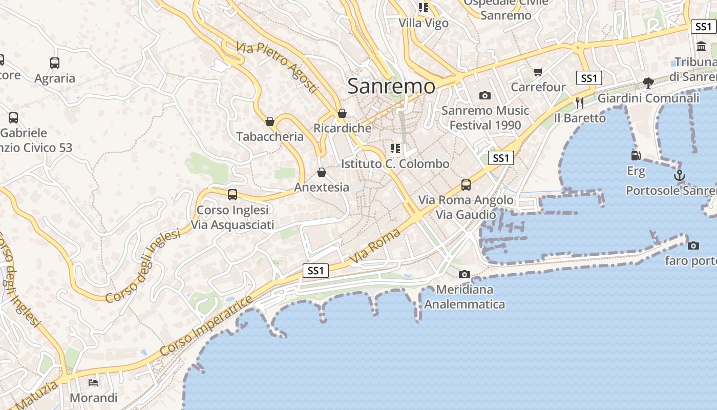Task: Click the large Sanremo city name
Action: pos(391,86)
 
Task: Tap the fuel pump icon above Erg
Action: pos(636,155)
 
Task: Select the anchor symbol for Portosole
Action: pos(679,175)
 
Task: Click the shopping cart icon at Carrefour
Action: pos(538,72)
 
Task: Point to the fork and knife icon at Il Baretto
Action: pos(579,102)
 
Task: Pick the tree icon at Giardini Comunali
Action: pos(648,83)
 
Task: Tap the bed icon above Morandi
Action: pos(93,382)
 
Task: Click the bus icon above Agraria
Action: pos(55,63)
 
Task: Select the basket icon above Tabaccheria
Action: pos(270,121)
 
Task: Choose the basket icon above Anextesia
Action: pos(322,172)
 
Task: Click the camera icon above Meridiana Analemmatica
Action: pos(465,274)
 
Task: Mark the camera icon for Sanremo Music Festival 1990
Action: pos(484,95)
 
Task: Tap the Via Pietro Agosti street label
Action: pos(277,67)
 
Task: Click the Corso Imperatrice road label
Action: pos(206,326)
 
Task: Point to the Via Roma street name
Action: pos(375,247)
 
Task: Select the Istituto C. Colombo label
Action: pos(395,164)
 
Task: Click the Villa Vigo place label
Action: pos(424,23)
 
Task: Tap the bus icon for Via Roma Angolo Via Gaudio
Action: pos(466,184)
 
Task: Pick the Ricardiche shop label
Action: pos(342,128)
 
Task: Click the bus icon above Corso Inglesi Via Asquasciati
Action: pos(233,195)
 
